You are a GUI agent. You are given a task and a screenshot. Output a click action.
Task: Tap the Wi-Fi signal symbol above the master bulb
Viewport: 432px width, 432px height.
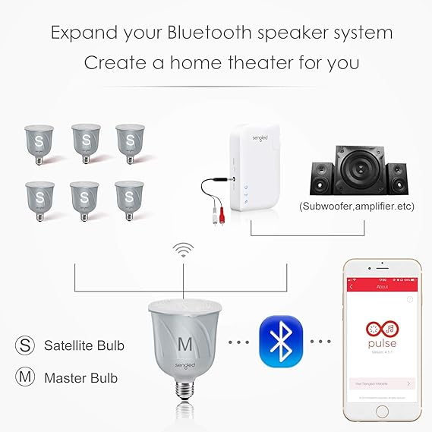(x=181, y=250)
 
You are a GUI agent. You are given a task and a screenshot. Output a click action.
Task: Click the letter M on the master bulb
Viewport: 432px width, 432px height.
(x=184, y=343)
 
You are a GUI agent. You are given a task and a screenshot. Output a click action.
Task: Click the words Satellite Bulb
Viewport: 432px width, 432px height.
(x=84, y=345)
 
